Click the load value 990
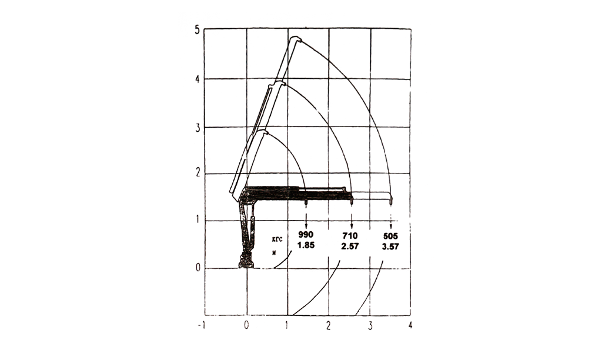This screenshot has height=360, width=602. pyautogui.click(x=306, y=235)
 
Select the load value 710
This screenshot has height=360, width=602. pyautogui.click(x=350, y=236)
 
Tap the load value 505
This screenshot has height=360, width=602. pyautogui.click(x=390, y=236)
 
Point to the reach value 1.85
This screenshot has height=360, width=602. pyautogui.click(x=306, y=245)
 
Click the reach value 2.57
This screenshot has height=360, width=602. pyautogui.click(x=350, y=246)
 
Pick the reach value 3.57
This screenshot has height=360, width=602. pyautogui.click(x=390, y=247)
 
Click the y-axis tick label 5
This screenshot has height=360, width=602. pyautogui.click(x=198, y=30)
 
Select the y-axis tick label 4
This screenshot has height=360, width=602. pyautogui.click(x=198, y=79)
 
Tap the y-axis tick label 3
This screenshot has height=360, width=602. pyautogui.click(x=198, y=128)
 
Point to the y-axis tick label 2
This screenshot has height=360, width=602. pyautogui.click(x=198, y=174)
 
